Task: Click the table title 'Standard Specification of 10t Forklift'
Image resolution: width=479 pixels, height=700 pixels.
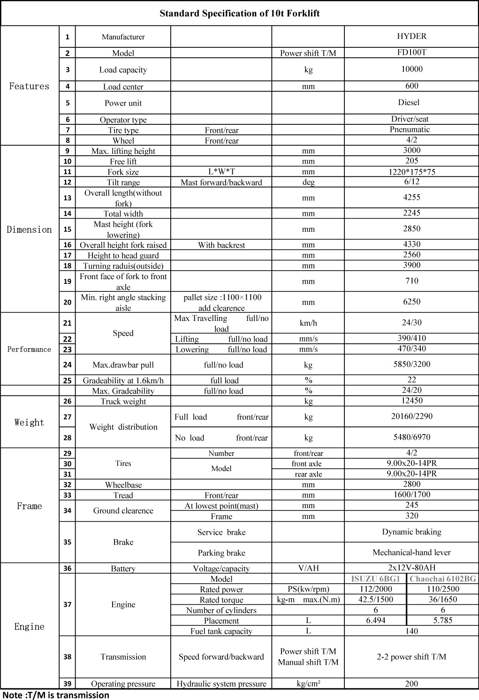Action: coord(239,13)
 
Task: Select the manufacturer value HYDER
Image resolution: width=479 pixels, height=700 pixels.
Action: coord(411,36)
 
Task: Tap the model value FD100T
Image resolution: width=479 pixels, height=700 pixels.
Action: coord(411,52)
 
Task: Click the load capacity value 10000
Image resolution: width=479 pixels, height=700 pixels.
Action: coord(411,69)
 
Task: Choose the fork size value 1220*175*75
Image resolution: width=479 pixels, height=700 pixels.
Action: coord(411,172)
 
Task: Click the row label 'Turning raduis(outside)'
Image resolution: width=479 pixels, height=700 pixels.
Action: coord(123,266)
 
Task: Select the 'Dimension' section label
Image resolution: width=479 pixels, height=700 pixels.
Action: coord(29,229)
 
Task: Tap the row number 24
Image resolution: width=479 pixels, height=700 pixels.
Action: coord(68,365)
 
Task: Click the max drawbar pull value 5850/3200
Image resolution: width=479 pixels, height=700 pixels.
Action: coord(411,364)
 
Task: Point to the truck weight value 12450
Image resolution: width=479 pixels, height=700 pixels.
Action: coord(411,401)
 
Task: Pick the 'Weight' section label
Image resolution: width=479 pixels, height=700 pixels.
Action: coord(29,422)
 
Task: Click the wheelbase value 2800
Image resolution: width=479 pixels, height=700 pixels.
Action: coord(411,484)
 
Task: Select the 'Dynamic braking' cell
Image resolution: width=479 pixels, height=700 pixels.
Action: coord(411,532)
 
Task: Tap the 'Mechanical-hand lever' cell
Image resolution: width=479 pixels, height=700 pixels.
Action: coord(411,552)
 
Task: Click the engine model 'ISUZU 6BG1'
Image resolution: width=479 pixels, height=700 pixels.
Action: coord(375,578)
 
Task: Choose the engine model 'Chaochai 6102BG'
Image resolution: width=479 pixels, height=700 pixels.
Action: coord(442,578)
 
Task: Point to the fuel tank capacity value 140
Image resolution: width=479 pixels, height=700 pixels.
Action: coord(411,631)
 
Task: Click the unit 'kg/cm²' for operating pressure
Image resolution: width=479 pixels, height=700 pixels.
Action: coord(308,683)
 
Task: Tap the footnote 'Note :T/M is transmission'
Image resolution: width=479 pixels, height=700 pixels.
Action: coord(56,695)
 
